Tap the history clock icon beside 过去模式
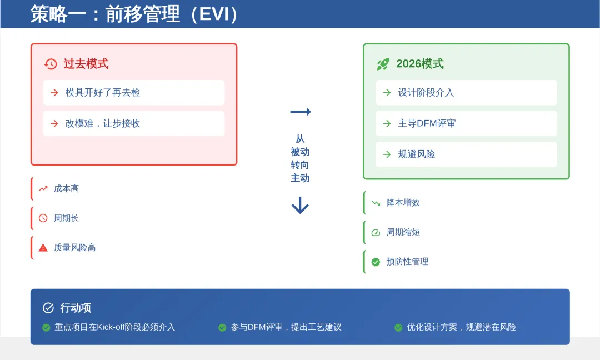click(51, 64)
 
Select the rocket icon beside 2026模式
click(383, 64)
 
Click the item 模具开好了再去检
click(103, 93)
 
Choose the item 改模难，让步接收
click(103, 123)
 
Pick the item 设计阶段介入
click(426, 93)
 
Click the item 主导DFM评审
click(427, 123)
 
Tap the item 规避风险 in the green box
click(417, 154)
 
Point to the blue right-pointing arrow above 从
click(300, 112)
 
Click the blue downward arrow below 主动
click(300, 206)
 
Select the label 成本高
click(66, 189)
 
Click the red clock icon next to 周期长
click(43, 218)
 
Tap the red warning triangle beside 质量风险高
click(43, 248)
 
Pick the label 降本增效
click(403, 203)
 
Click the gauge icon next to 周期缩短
click(376, 232)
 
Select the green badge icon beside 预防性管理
click(376, 262)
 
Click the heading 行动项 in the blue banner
click(76, 308)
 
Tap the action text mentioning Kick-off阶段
click(115, 327)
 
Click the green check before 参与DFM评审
click(222, 328)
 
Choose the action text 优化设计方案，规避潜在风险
click(461, 327)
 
